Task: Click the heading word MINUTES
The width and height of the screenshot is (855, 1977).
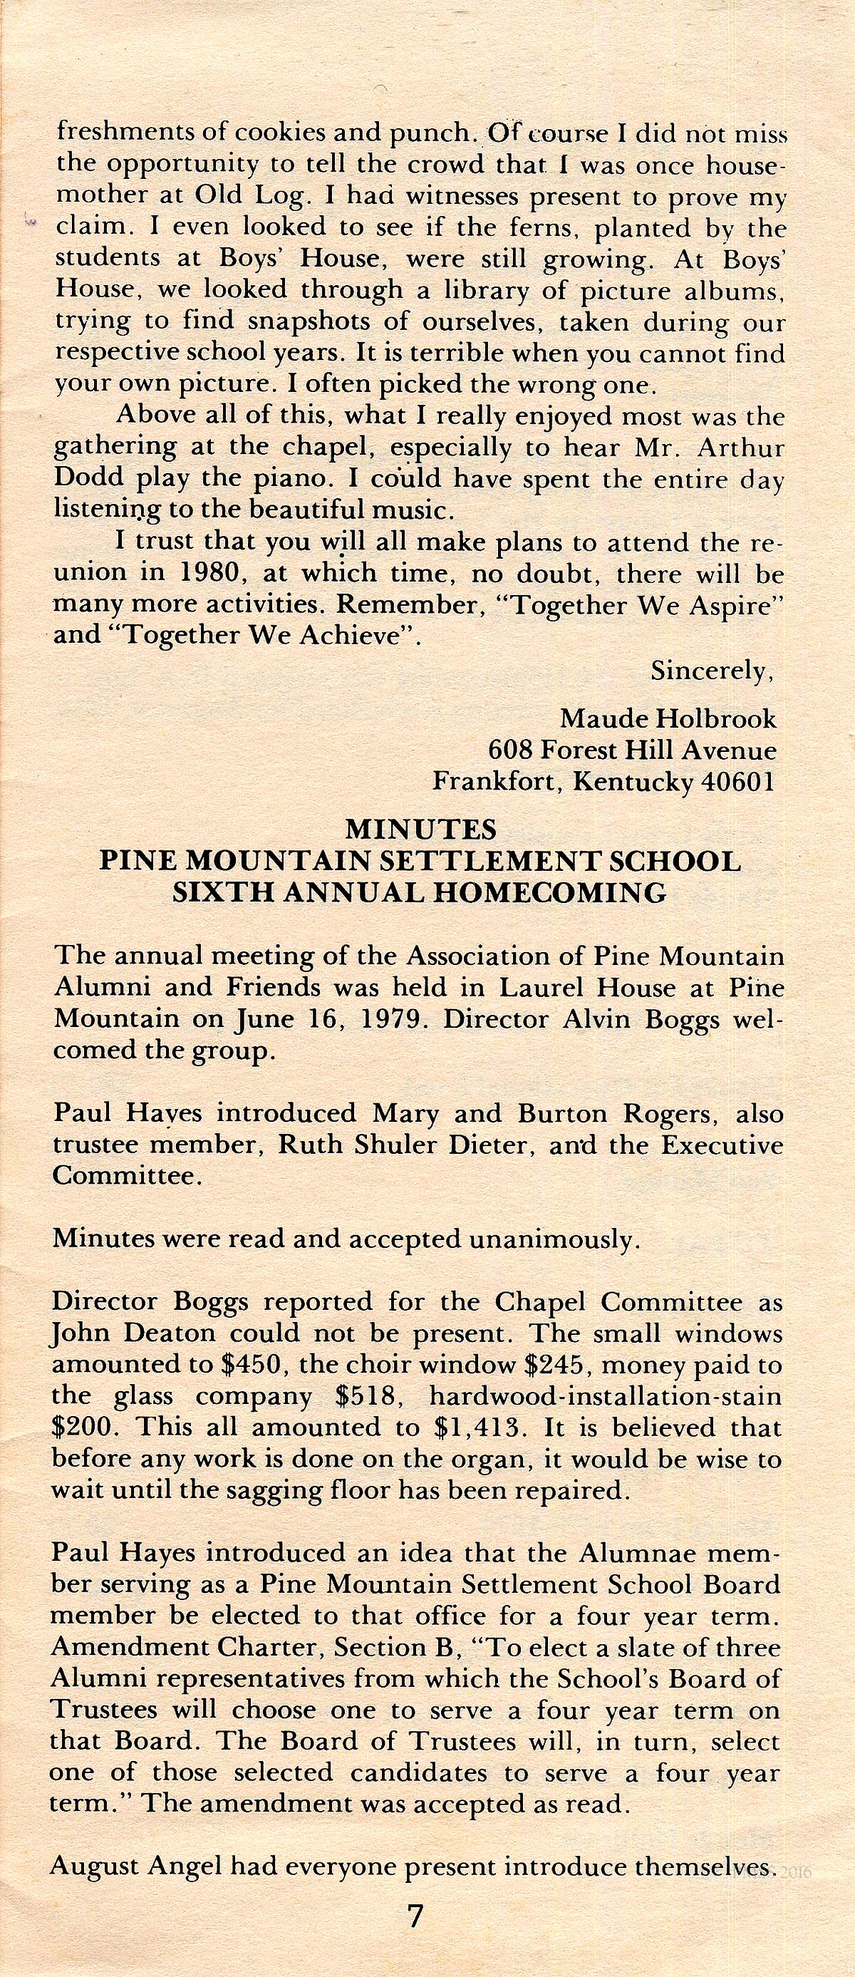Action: tap(421, 830)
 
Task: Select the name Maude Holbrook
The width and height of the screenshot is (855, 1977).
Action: tap(668, 719)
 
